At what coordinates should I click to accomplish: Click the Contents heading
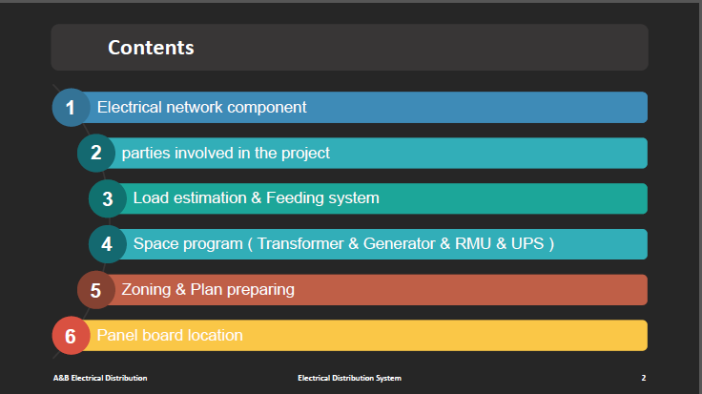coord(151,48)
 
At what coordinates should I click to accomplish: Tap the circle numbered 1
coord(72,108)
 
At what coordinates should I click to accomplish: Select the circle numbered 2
coord(96,154)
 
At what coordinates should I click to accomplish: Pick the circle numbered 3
coord(108,198)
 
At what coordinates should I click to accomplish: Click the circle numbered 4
coord(108,244)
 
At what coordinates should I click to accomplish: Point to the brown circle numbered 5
coord(96,290)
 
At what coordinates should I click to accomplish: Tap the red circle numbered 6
coord(72,336)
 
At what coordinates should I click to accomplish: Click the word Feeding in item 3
coord(295,197)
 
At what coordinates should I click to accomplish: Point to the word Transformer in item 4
coord(300,243)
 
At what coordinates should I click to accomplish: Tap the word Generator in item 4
coord(399,243)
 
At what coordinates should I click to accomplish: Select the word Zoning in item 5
coord(146,290)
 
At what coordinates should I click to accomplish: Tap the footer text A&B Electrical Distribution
coord(100,378)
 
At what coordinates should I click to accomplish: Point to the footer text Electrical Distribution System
coord(350,379)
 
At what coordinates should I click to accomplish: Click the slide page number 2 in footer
coord(644,378)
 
